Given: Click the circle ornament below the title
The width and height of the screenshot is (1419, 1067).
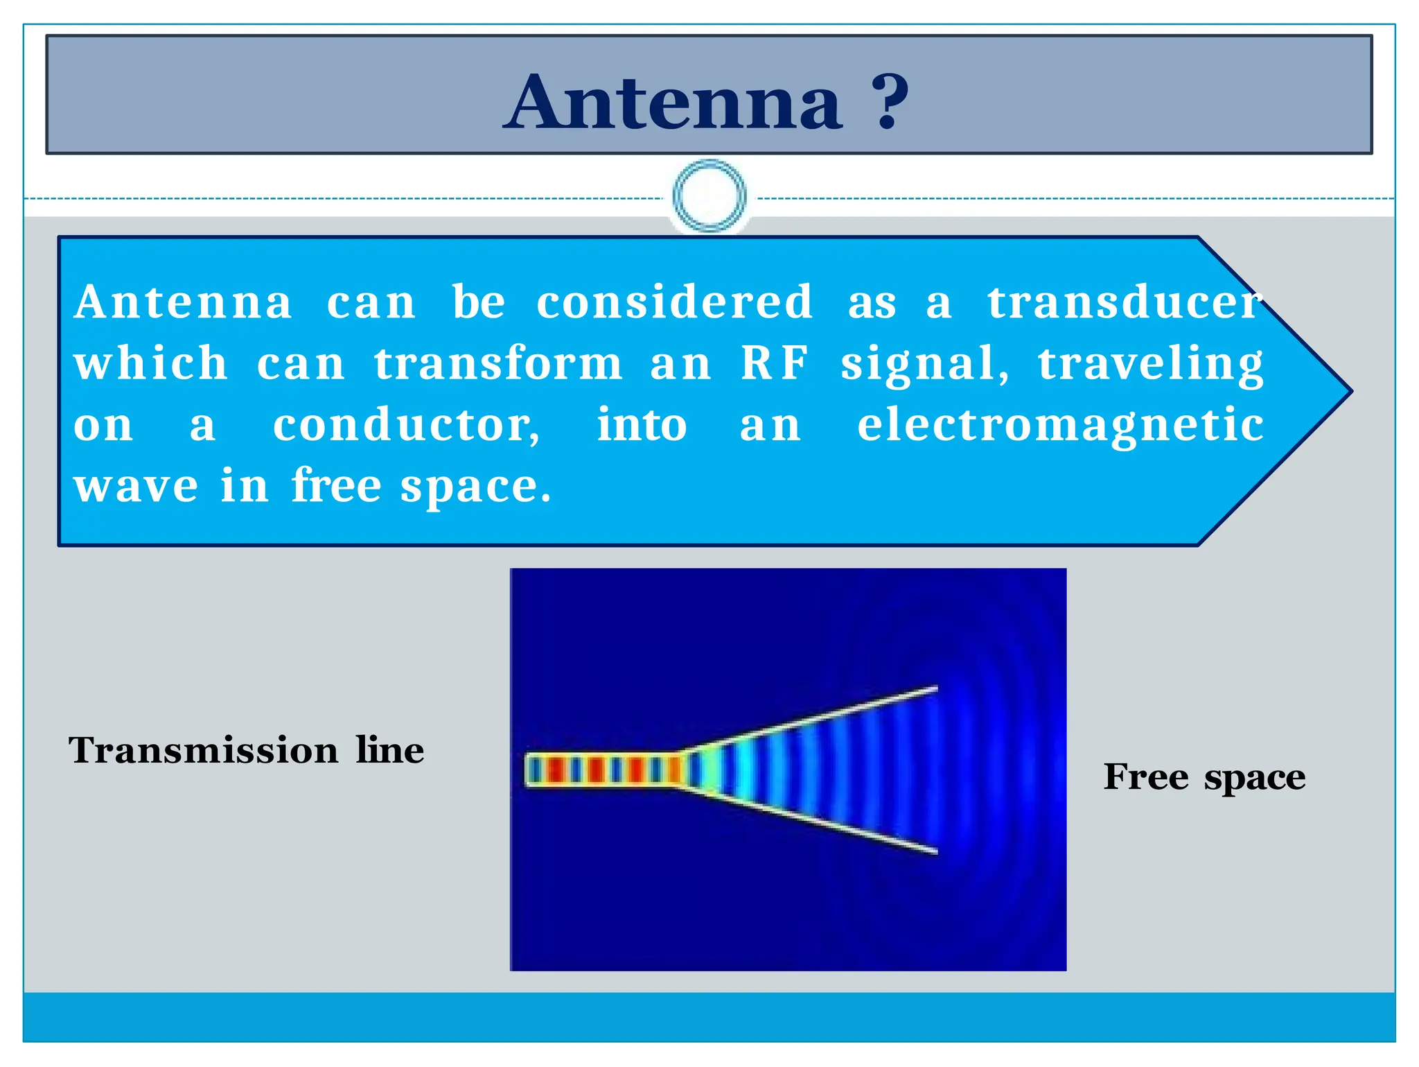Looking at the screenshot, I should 709,196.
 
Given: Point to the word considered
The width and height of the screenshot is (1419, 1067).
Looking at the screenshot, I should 674,302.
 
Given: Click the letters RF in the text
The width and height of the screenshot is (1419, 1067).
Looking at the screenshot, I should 774,363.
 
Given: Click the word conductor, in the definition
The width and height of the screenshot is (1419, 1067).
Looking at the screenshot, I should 407,425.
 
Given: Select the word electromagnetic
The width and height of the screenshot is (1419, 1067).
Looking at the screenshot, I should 1060,425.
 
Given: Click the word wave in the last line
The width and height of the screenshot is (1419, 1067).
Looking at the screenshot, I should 136,485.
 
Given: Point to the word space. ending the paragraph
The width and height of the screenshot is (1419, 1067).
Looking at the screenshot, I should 475,487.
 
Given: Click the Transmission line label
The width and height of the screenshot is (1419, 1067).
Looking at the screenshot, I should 246,750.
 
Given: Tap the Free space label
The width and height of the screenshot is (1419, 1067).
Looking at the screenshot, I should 1204,777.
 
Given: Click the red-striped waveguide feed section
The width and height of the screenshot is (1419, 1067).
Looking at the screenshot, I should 600,770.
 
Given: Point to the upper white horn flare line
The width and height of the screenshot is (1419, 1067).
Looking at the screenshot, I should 811,721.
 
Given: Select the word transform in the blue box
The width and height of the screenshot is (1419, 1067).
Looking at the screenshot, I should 498,363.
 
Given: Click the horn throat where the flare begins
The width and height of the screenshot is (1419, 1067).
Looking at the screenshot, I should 681,769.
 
